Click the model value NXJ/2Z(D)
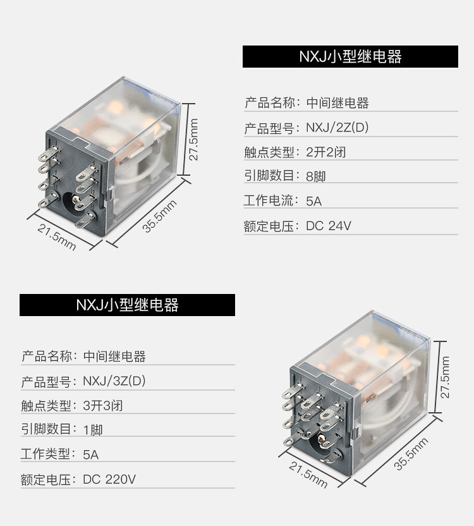tap(337, 128)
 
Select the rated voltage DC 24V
tap(328, 226)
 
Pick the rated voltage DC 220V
tap(109, 479)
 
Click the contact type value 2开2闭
tap(325, 152)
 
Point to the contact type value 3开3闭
tap(102, 406)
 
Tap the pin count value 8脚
tap(315, 177)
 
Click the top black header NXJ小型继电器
tap(350, 56)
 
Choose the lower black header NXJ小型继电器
tap(127, 305)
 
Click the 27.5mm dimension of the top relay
tap(194, 140)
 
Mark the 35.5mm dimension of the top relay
tap(159, 216)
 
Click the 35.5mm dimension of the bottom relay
tap(411, 453)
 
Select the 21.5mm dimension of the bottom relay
tap(308, 475)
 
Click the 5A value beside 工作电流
tap(313, 202)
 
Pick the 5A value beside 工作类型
tap(90, 455)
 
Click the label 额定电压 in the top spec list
tap(268, 226)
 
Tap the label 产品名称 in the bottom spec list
tap(46, 357)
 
